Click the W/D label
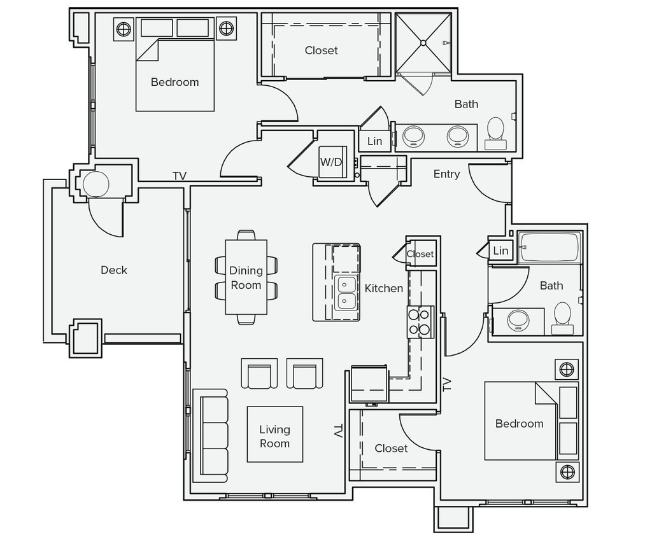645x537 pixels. (x=330, y=162)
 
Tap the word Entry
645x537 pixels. (x=446, y=174)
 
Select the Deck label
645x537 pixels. (x=114, y=270)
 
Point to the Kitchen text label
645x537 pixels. (x=383, y=288)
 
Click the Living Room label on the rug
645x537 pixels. (x=274, y=436)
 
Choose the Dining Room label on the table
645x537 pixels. (x=246, y=278)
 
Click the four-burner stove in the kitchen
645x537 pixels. (x=420, y=321)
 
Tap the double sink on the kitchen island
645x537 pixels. (x=346, y=292)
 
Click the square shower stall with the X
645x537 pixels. (x=422, y=42)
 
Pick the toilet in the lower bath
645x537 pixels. (x=562, y=316)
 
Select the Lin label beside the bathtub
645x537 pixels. (x=501, y=251)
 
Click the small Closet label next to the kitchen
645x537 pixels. (x=420, y=254)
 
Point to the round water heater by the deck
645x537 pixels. (x=97, y=185)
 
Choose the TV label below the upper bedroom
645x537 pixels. (x=180, y=176)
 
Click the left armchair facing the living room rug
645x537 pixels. (x=260, y=373)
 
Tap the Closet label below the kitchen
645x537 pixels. (x=391, y=448)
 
